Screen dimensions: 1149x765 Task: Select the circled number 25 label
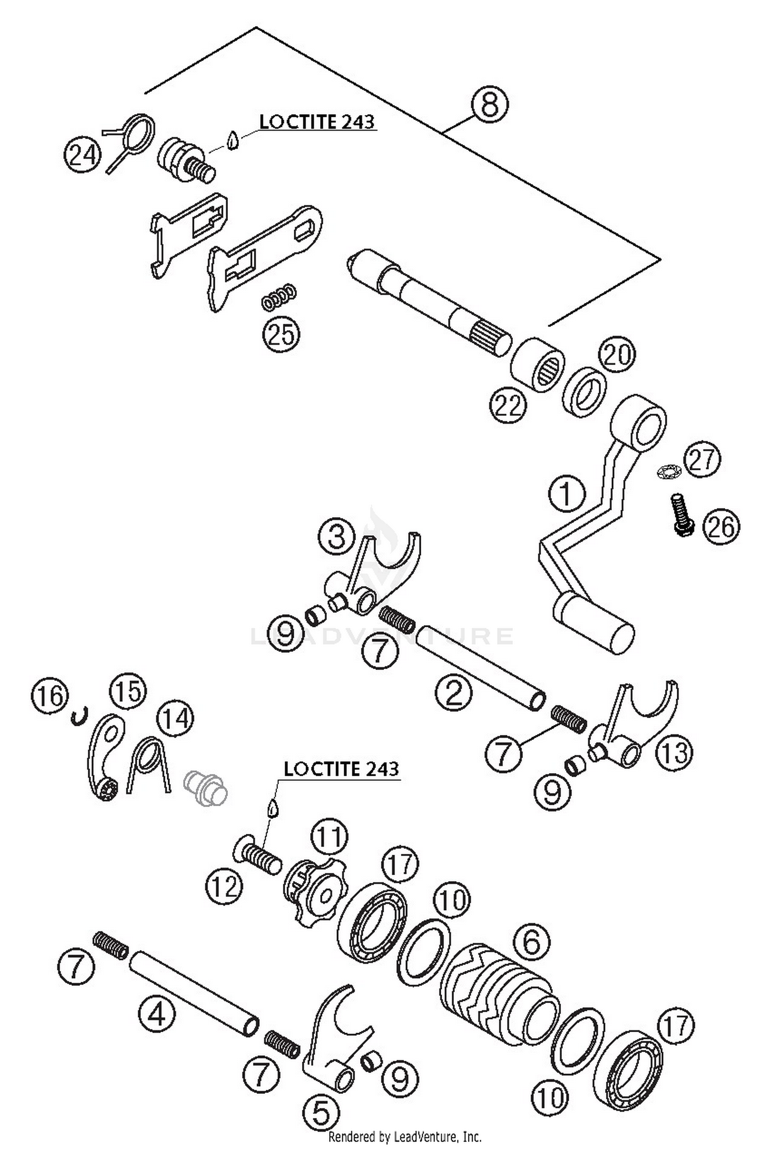click(x=281, y=335)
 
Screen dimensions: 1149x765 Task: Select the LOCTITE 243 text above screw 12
click(x=341, y=769)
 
